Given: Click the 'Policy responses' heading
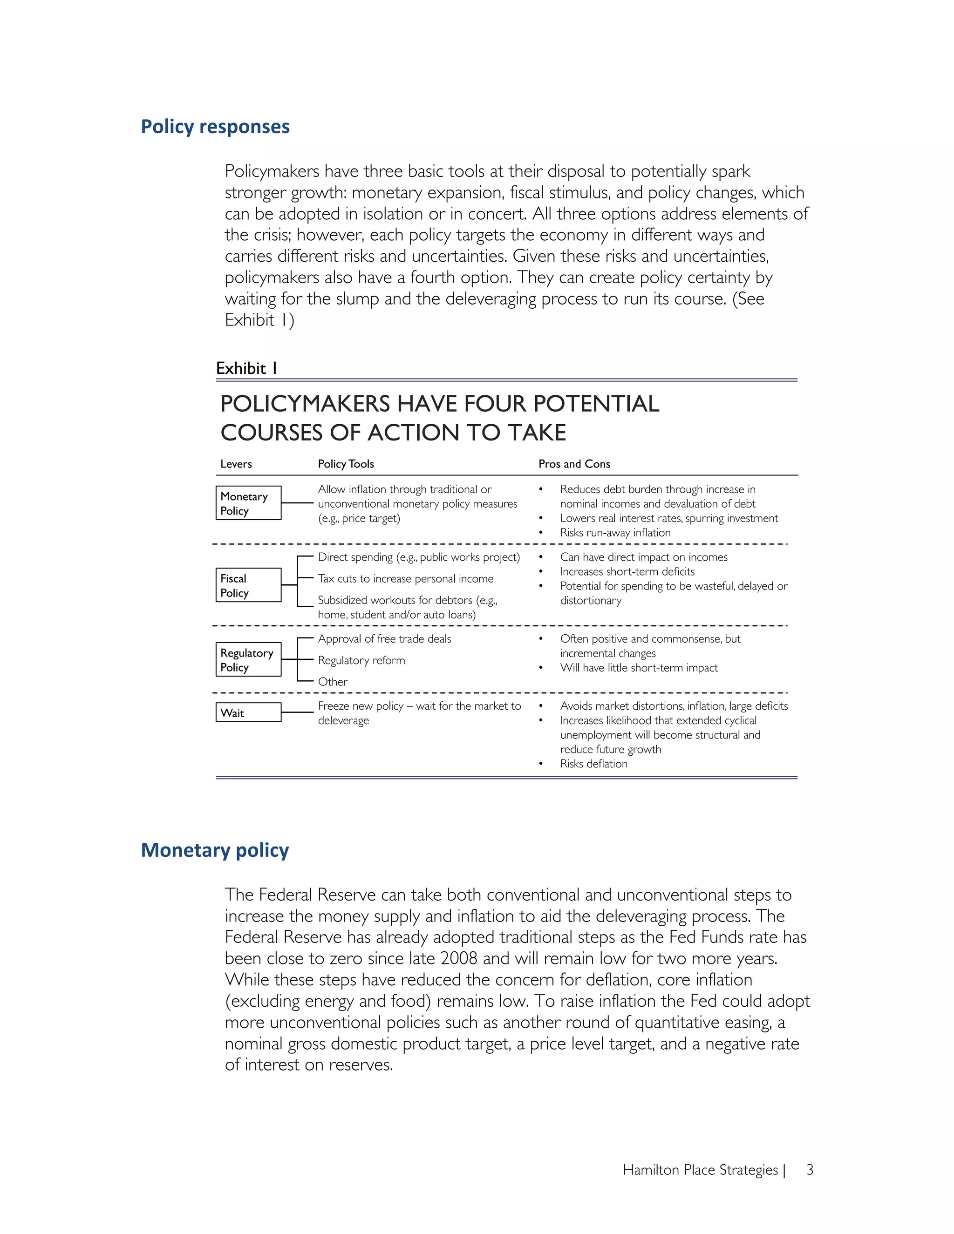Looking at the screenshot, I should click(x=215, y=127).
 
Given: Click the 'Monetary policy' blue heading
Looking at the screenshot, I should click(x=215, y=850).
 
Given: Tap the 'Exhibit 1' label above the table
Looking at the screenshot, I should click(x=246, y=368).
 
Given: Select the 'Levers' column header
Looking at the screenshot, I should click(x=236, y=464).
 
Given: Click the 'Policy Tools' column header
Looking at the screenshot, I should click(x=346, y=464).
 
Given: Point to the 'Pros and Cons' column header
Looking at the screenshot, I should click(x=574, y=464).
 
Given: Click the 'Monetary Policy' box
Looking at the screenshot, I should click(x=248, y=503).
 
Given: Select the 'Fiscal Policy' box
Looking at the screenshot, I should click(x=248, y=585).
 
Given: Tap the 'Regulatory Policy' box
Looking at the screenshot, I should click(x=248, y=659).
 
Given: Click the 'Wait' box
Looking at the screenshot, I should click(x=248, y=712).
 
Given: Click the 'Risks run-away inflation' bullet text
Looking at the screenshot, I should click(x=615, y=533).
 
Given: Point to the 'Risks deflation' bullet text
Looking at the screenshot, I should click(x=593, y=764).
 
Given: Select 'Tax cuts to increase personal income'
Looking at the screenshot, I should click(x=405, y=578).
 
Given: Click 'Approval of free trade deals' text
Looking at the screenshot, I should click(x=384, y=639).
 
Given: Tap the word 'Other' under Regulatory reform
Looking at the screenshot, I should click(x=332, y=682).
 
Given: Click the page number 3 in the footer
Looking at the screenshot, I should click(x=809, y=1170).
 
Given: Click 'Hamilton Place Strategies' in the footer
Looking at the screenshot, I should click(x=700, y=1170).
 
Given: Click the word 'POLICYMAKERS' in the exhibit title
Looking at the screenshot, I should click(x=305, y=404).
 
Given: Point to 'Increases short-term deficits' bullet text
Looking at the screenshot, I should click(x=627, y=571).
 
